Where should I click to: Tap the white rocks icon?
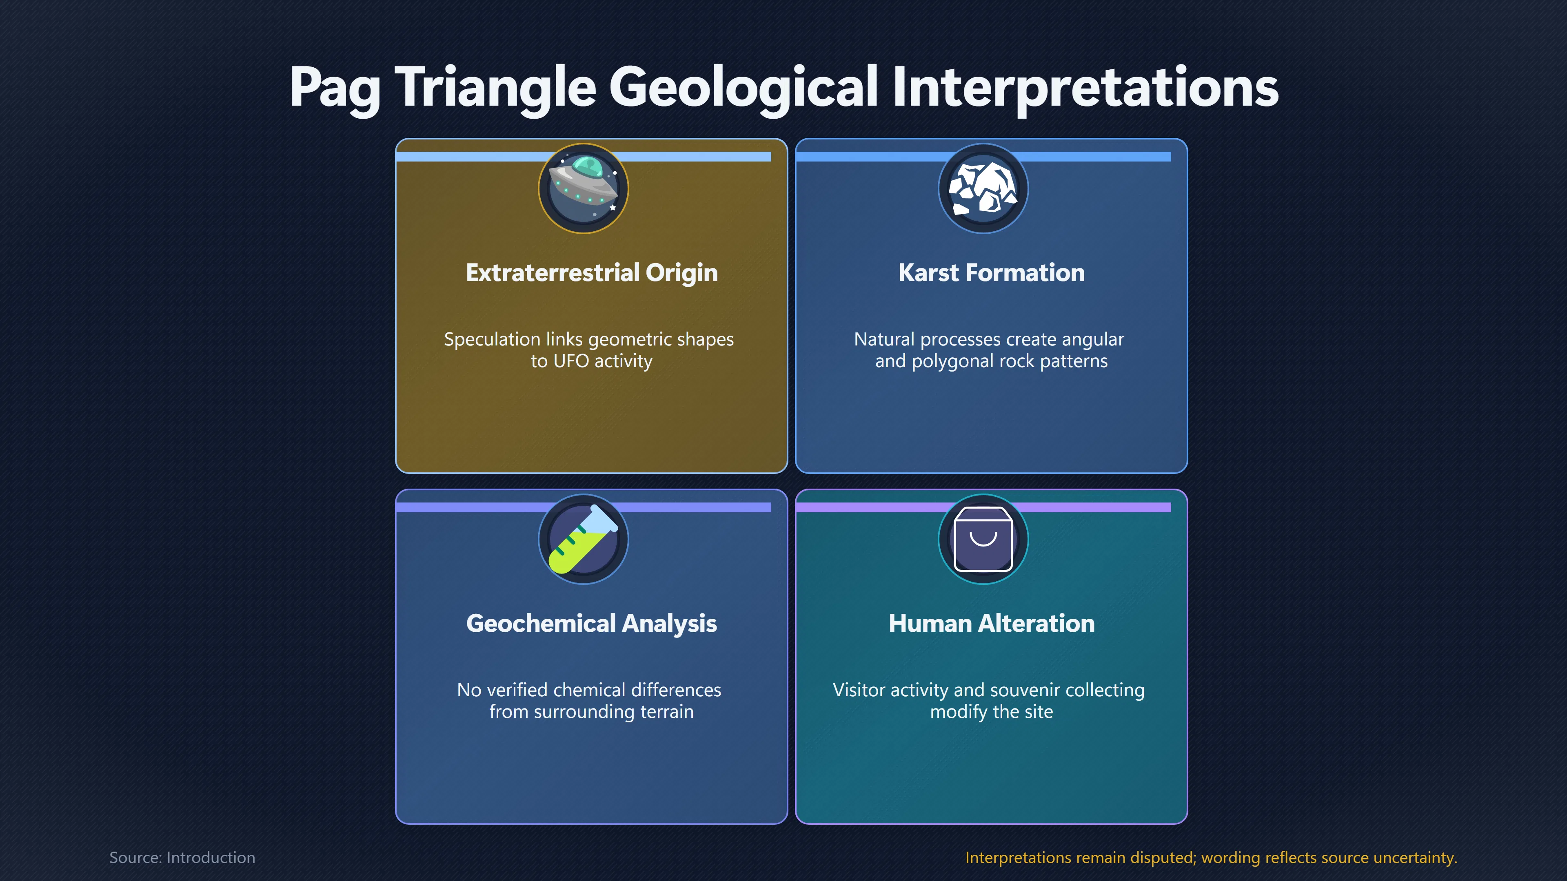point(983,188)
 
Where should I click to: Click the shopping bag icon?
point(983,539)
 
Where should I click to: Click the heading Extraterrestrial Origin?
point(591,273)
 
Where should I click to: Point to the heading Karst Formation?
point(992,273)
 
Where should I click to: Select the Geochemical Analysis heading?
point(591,624)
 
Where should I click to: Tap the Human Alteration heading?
point(992,624)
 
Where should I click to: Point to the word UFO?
point(571,361)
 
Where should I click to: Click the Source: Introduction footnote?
point(182,857)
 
